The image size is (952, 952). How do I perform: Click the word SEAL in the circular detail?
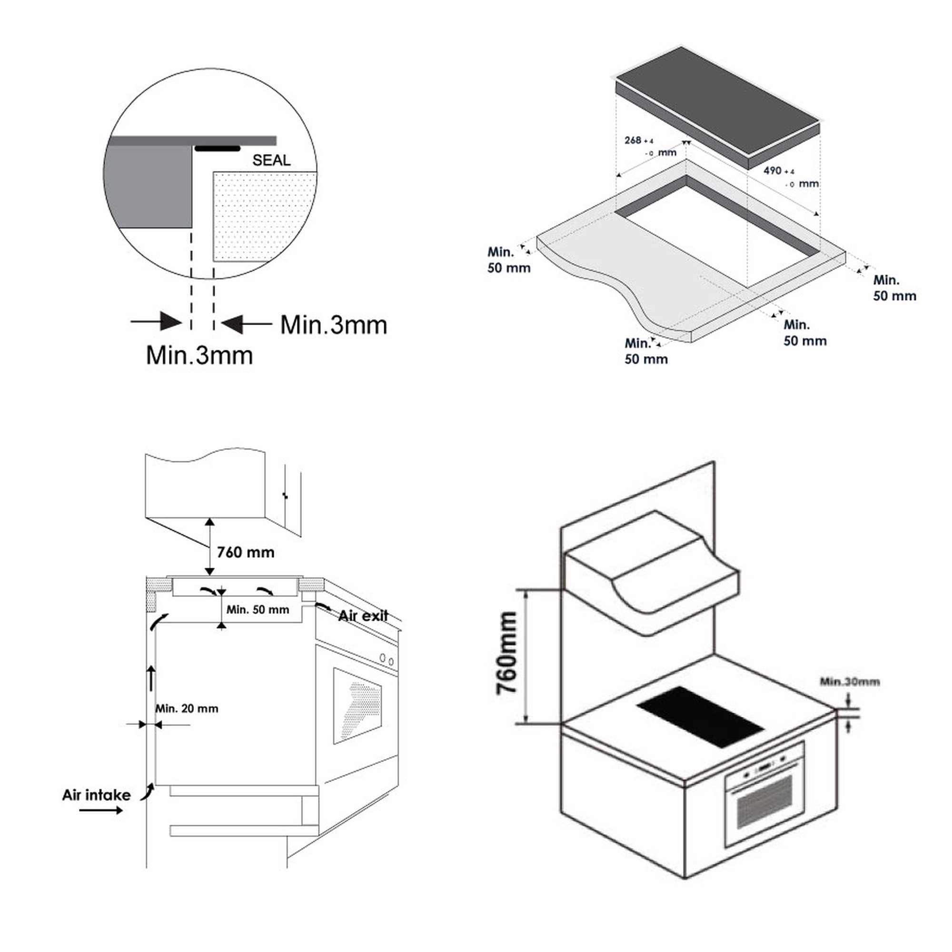click(271, 160)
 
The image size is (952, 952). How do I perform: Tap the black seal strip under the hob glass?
click(218, 149)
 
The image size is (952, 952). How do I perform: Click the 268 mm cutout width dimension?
click(650, 146)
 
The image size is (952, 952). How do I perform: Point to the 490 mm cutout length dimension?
click(790, 177)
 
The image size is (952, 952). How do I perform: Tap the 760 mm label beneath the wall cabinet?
click(246, 552)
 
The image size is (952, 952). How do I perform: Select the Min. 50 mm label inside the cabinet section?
click(258, 610)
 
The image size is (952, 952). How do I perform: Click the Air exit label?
click(363, 615)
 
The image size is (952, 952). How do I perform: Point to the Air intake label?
click(96, 795)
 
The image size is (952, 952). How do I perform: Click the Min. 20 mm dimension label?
click(187, 708)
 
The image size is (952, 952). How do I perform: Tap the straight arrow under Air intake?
click(101, 810)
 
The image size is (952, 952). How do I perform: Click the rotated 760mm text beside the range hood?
click(507, 653)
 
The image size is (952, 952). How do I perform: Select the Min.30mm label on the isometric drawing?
click(850, 682)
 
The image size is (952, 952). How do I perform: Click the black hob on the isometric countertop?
click(700, 716)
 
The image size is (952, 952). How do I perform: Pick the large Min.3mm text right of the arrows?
click(334, 325)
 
